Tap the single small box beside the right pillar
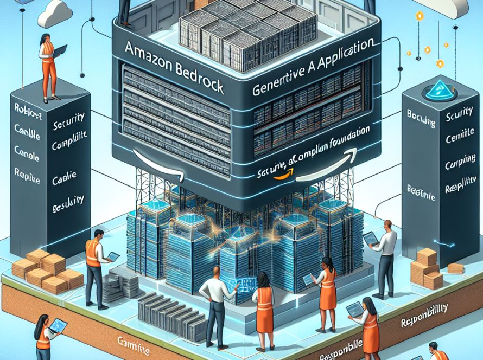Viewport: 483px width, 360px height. click(x=455, y=268)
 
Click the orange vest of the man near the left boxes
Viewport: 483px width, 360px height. click(x=93, y=254)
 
